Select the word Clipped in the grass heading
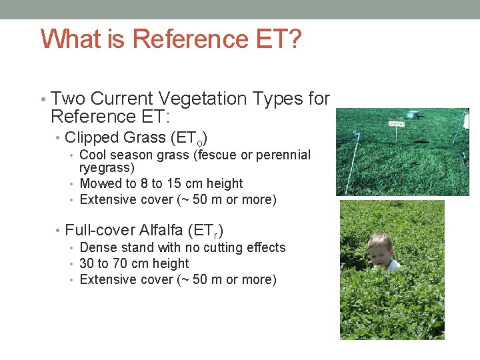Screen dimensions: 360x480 [92, 137]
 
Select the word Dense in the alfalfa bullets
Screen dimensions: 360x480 [99, 247]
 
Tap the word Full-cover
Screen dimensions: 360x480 [100, 230]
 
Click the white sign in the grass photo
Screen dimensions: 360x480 [397, 124]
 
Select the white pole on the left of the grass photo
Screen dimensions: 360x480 [351, 160]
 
